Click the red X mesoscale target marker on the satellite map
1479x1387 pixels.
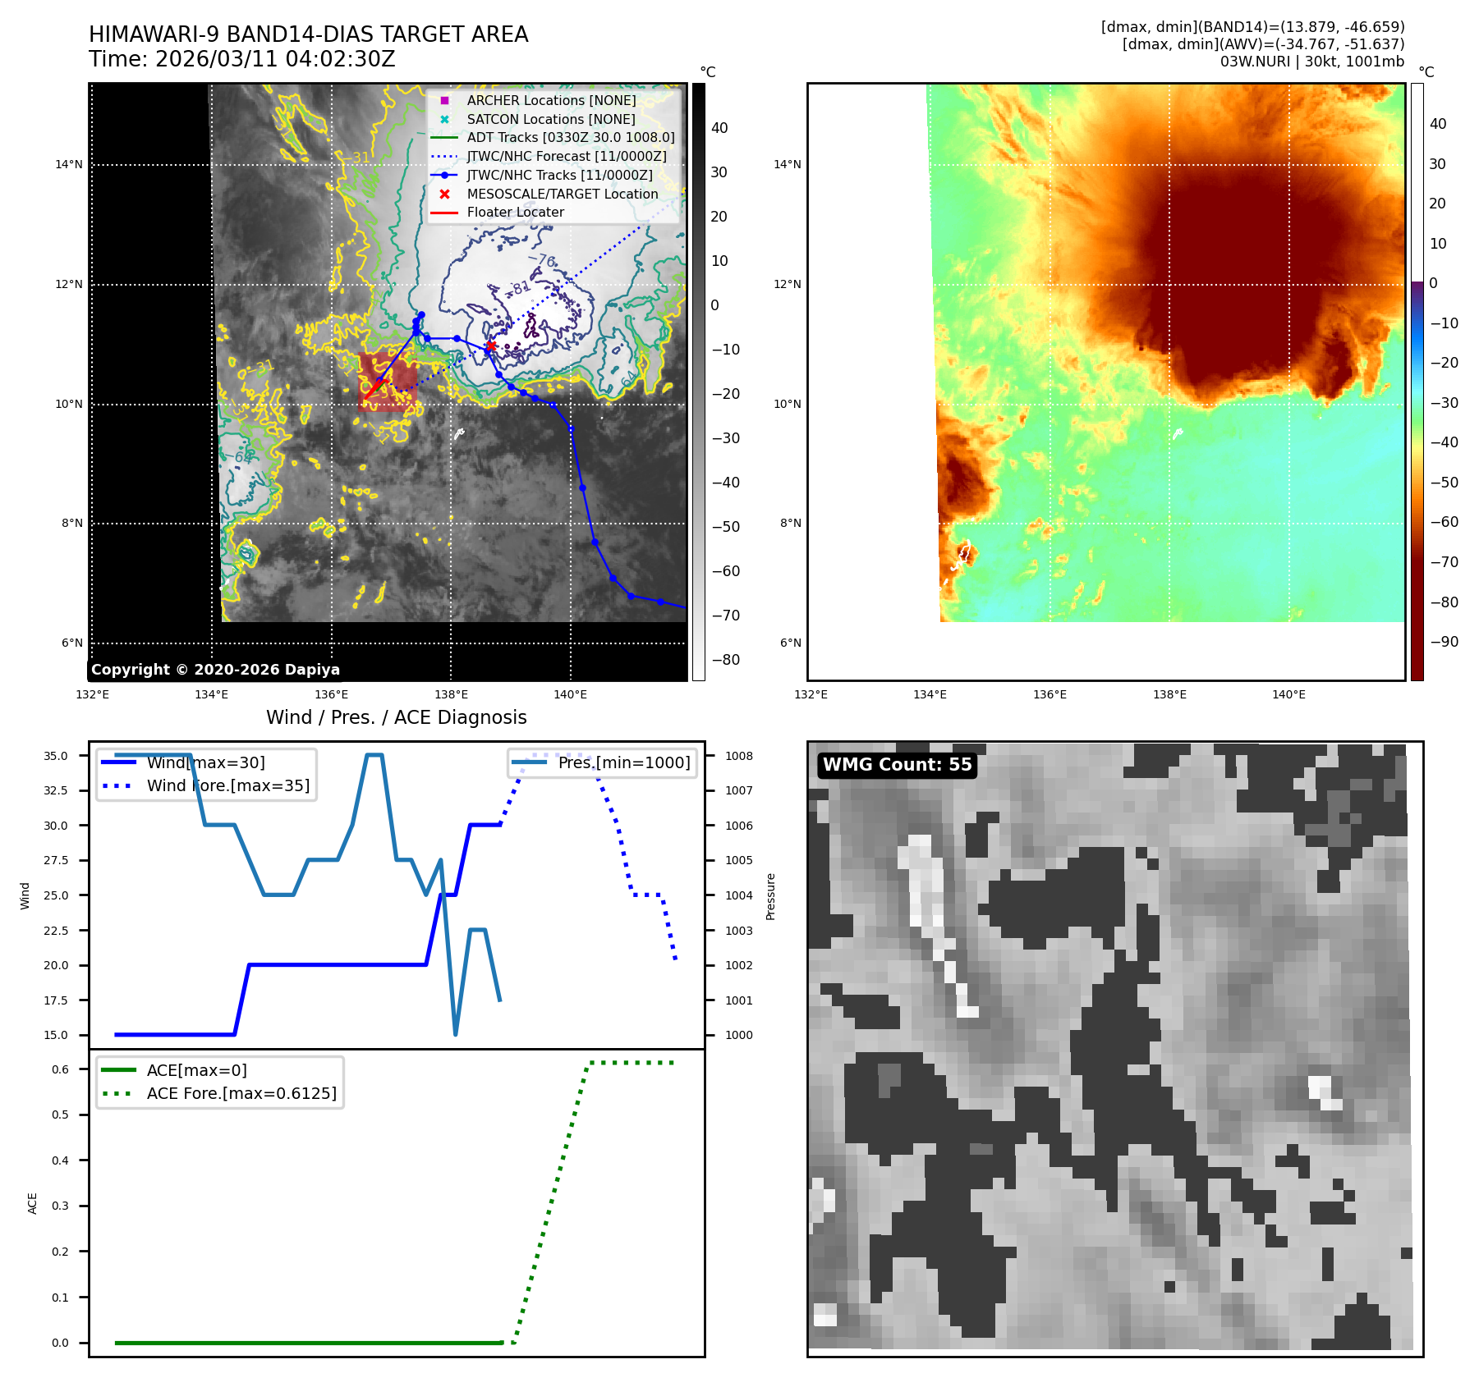(490, 346)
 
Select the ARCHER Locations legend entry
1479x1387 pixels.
(551, 100)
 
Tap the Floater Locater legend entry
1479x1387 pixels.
(515, 213)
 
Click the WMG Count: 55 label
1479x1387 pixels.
(897, 765)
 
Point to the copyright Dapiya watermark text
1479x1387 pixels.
(215, 670)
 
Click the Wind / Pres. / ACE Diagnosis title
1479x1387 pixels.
(396, 717)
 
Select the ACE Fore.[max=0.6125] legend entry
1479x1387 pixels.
(241, 1093)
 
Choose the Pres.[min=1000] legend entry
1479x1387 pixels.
(623, 762)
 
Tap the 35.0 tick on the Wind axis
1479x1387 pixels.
(56, 756)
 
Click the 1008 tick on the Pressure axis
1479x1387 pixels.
(738, 756)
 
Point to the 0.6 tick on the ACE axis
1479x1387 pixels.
(61, 1069)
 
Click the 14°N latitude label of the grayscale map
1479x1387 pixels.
(69, 165)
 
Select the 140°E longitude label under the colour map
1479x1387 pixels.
(1288, 695)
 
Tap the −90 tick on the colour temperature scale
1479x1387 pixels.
(1444, 642)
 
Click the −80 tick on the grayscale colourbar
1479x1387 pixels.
(725, 660)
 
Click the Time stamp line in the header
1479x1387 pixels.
(242, 60)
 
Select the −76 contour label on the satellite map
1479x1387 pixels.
(543, 261)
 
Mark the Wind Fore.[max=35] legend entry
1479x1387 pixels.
(227, 785)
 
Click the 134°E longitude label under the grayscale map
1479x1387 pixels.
(211, 695)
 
